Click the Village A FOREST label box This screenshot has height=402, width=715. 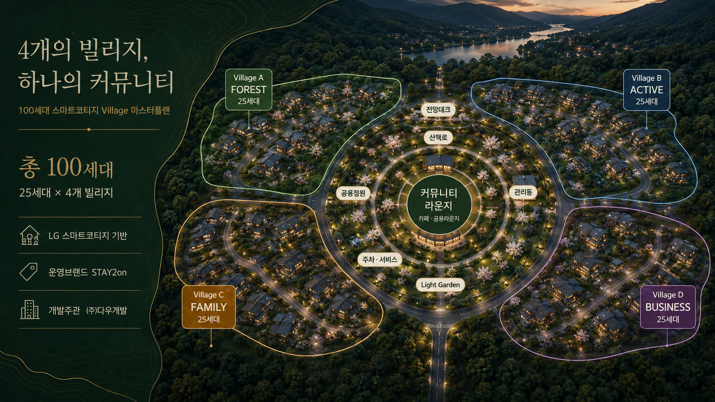tap(248, 90)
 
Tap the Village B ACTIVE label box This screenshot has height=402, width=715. tap(647, 90)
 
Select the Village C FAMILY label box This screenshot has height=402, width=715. tap(209, 307)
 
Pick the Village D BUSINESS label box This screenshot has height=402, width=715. tap(668, 307)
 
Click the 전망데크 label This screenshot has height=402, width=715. tap(438, 110)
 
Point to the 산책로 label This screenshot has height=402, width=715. tap(438, 138)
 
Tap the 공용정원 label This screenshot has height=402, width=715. tap(353, 193)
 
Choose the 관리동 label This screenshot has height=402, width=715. tap(523, 192)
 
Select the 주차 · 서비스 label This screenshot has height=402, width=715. tap(380, 260)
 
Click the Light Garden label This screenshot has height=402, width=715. tap(440, 285)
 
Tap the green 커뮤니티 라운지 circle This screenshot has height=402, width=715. tap(439, 204)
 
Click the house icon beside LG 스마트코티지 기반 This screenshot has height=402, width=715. tap(30, 235)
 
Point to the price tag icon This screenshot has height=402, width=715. tap(29, 272)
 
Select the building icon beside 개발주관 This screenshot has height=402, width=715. tap(30, 310)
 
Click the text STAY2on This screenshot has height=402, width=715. tap(109, 273)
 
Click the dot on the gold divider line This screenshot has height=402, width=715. tap(89, 129)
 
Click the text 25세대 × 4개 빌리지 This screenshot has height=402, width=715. tap(66, 193)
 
